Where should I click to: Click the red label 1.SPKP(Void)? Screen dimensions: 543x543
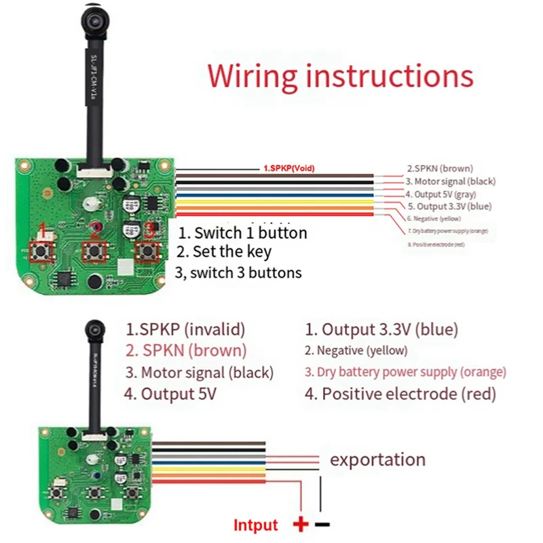coord(288,168)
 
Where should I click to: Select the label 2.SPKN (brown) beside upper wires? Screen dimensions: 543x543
coord(440,168)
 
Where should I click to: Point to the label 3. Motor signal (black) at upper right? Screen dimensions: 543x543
coord(451,181)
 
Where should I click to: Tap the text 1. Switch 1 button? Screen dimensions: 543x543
coord(242,233)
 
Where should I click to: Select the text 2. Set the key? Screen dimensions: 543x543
coord(224,252)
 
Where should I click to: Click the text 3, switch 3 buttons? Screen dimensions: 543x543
coord(238,272)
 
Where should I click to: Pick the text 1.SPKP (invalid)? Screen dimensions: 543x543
coord(185,330)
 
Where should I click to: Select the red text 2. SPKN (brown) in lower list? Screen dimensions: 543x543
coord(185,351)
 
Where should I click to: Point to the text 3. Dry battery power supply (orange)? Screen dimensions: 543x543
coord(405,372)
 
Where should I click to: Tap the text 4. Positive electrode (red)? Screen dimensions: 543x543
coord(400,394)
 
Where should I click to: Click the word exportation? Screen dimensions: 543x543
coord(377,460)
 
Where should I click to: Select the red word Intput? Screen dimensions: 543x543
coord(255,525)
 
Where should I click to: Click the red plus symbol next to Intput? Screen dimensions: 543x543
coord(300,524)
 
